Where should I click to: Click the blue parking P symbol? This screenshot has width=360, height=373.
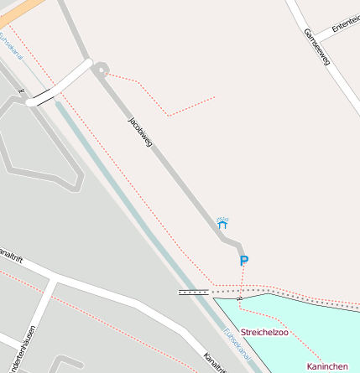244,261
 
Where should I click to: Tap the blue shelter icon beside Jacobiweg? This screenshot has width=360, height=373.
222,224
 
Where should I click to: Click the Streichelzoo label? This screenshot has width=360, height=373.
264,333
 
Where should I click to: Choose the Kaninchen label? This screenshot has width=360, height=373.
327,366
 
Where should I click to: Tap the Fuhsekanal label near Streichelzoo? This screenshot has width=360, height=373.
237,344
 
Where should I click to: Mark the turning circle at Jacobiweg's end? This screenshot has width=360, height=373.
100,70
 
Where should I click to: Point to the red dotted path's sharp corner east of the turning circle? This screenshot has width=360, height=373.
169,115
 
